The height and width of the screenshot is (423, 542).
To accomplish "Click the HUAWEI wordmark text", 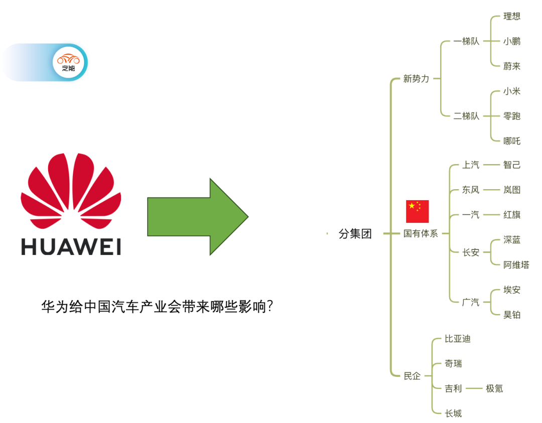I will click(x=71, y=246).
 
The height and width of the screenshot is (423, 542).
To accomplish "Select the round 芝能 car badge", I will click(x=68, y=63).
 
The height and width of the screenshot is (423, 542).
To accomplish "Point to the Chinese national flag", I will click(x=417, y=211).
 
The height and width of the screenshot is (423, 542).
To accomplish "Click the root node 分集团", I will click(x=355, y=234).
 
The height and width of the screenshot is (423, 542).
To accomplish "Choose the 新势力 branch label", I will click(x=416, y=79).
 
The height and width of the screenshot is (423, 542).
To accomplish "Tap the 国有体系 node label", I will click(x=421, y=234).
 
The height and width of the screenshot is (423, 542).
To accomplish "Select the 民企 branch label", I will click(x=412, y=376).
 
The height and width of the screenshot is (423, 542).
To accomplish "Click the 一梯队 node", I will click(x=466, y=41).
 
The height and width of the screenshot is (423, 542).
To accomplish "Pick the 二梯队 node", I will click(x=466, y=116).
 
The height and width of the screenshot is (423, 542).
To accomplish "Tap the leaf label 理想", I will click(x=512, y=17).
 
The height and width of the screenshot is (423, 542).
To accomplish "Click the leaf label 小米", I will click(x=512, y=91).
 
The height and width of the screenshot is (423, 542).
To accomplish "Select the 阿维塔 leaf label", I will click(x=516, y=265).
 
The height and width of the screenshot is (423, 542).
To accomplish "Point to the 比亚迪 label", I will click(x=458, y=339).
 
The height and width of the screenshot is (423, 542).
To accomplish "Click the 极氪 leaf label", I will click(x=494, y=388).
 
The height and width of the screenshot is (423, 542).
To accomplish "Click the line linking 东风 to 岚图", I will click(x=491, y=190).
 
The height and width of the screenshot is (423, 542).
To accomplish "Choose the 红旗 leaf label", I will click(x=512, y=215).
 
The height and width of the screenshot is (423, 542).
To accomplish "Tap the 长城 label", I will click(x=453, y=413).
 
